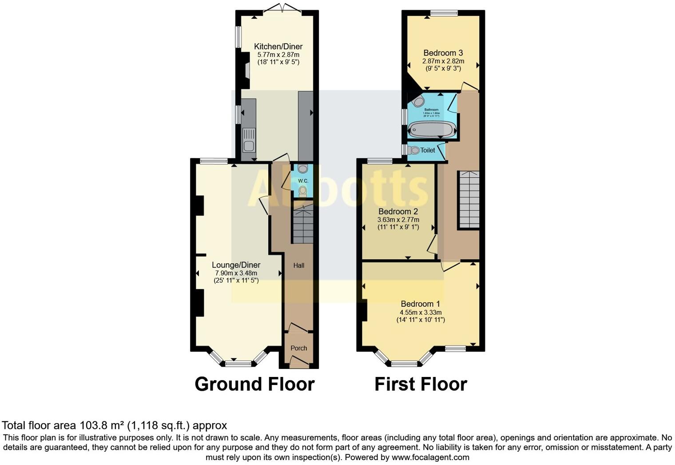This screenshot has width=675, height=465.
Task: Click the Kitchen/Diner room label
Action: click(278, 47)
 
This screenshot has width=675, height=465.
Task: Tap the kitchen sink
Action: click(249, 140)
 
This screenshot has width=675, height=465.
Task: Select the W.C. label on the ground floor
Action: click(303, 181)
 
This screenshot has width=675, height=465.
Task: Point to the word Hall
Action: click(299, 265)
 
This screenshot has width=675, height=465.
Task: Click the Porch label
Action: click(299, 348)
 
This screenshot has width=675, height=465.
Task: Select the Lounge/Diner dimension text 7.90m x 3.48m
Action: click(236, 273)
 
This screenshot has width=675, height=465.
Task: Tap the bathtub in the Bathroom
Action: click(432, 130)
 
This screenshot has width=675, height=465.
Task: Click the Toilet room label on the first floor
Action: click(428, 150)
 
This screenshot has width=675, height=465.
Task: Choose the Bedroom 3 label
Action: click(443, 53)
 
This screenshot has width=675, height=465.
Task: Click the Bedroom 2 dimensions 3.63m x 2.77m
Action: click(398, 220)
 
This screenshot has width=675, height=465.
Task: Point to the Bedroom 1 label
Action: click(420, 304)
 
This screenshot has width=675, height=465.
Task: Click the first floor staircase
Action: click(469, 200)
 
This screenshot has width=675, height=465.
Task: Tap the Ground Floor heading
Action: click(254, 384)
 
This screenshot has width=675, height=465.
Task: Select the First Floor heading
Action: click(421, 384)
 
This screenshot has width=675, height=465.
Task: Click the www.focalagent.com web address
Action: click(430, 457)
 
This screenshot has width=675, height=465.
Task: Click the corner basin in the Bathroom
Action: click(418, 102)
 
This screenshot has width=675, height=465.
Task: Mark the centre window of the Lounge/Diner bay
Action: click(238, 364)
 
